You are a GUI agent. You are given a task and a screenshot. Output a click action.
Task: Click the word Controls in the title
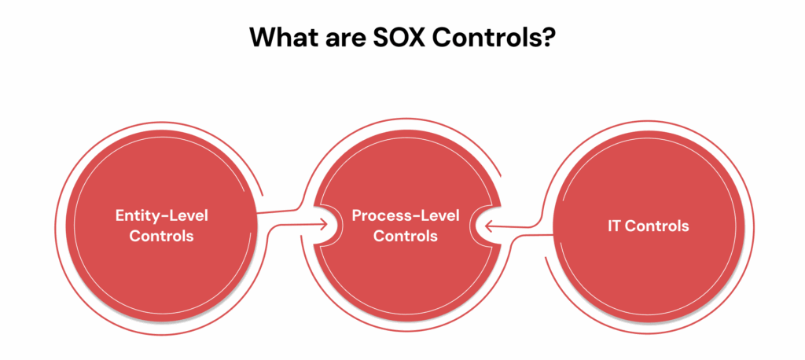tap(489, 38)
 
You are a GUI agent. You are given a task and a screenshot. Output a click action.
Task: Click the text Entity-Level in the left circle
tap(161, 215)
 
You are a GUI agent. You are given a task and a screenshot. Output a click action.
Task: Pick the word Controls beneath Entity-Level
tap(161, 235)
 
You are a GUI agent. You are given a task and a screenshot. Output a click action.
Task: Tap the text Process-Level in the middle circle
tap(405, 215)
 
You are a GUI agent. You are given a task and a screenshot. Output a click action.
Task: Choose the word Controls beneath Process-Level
tap(405, 235)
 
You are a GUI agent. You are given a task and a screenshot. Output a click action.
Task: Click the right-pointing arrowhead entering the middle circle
tap(324, 225)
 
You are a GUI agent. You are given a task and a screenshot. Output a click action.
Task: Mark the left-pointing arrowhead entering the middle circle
tap(487, 226)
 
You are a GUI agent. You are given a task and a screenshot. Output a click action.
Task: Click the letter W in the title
tap(262, 38)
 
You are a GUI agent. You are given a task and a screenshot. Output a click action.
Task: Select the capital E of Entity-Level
tap(119, 215)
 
